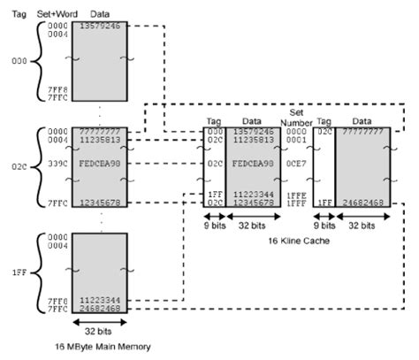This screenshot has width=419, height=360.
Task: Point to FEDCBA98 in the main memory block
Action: tap(98, 165)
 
